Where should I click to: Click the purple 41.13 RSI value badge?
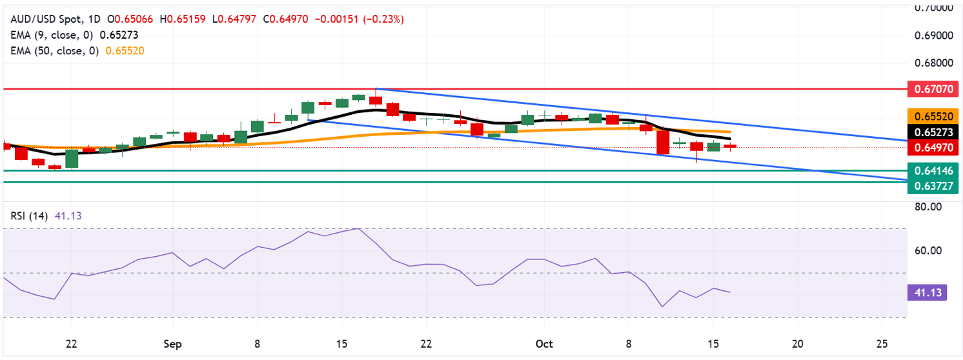tap(929, 293)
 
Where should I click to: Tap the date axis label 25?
tap(883, 343)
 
